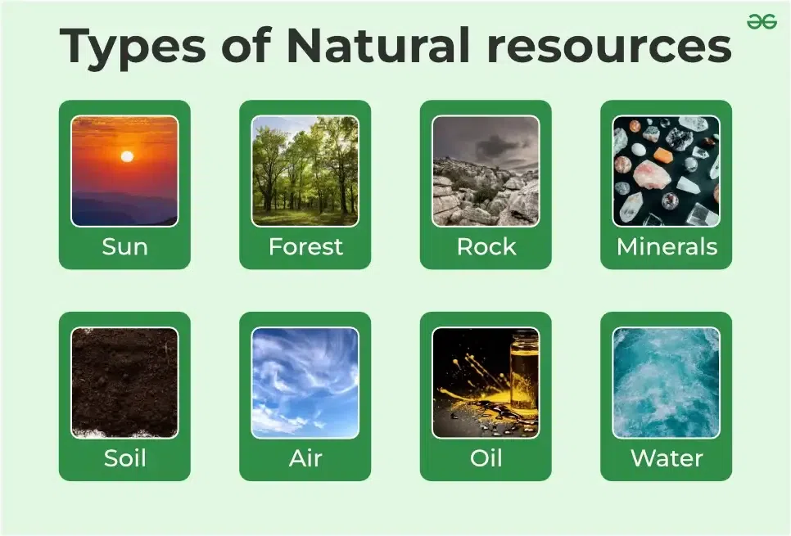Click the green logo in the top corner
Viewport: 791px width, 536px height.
click(x=762, y=22)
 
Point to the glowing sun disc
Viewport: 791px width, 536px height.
click(x=126, y=156)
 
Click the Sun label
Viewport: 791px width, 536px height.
click(x=124, y=247)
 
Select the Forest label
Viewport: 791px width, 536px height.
click(x=305, y=247)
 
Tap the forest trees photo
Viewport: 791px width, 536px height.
click(x=305, y=171)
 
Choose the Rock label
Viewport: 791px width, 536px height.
click(x=486, y=247)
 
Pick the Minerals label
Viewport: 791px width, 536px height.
click(x=667, y=247)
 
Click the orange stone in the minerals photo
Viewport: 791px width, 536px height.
click(x=663, y=155)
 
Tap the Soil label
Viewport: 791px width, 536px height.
click(x=124, y=458)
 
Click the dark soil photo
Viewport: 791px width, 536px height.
click(x=124, y=382)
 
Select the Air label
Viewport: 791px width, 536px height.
click(x=305, y=458)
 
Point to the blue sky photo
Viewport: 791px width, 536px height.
click(x=305, y=382)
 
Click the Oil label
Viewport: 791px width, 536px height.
click(x=486, y=458)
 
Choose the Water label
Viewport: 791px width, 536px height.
click(x=667, y=458)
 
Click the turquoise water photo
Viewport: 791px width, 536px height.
click(x=667, y=382)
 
